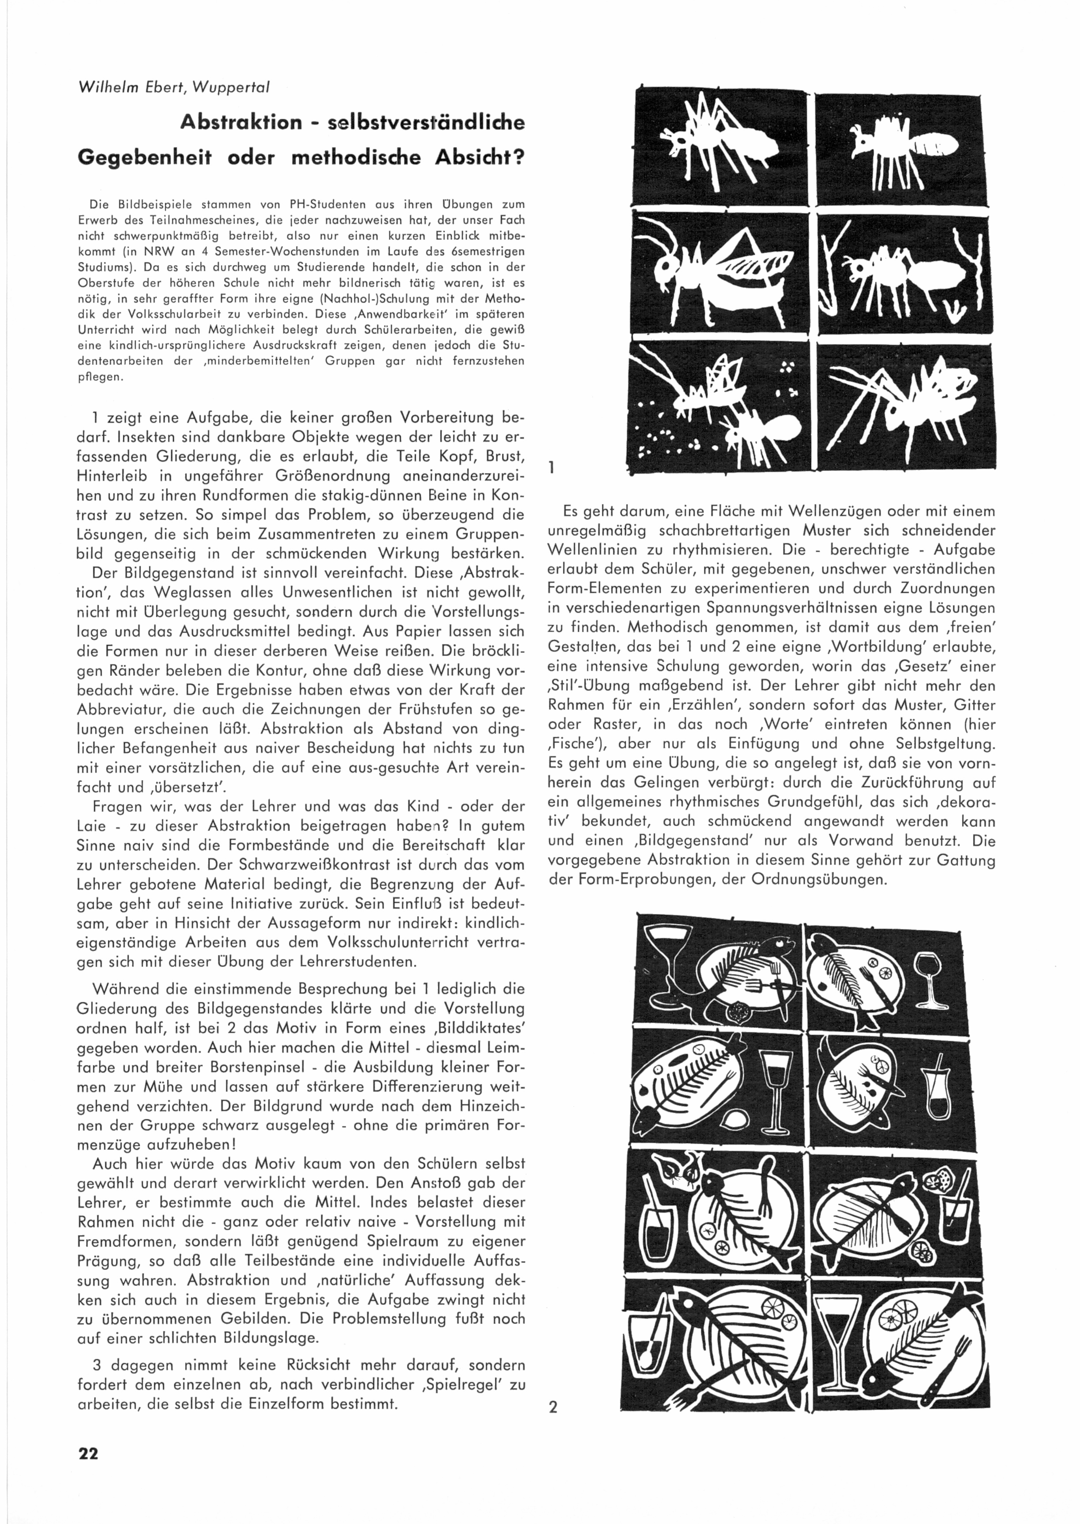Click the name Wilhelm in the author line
click(x=100, y=87)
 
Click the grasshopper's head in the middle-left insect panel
click(x=665, y=270)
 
